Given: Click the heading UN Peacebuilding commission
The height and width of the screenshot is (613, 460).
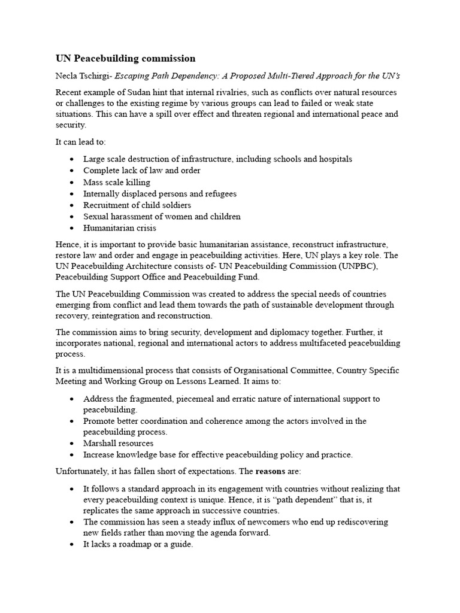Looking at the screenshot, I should pos(125,58).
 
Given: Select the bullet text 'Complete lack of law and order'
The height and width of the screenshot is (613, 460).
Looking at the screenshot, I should pos(142,171).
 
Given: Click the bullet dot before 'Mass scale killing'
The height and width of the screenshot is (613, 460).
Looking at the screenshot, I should pos(72,183).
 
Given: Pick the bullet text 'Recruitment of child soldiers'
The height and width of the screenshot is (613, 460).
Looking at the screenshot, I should pos(137,205).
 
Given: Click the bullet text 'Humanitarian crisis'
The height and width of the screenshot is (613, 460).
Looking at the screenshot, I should pos(119,228).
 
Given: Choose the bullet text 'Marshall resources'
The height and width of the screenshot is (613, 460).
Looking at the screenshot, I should pos(118,444).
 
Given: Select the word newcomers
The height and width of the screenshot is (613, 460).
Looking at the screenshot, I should pos(286,522).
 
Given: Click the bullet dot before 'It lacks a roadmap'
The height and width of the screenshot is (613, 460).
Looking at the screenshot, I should pos(72,545).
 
